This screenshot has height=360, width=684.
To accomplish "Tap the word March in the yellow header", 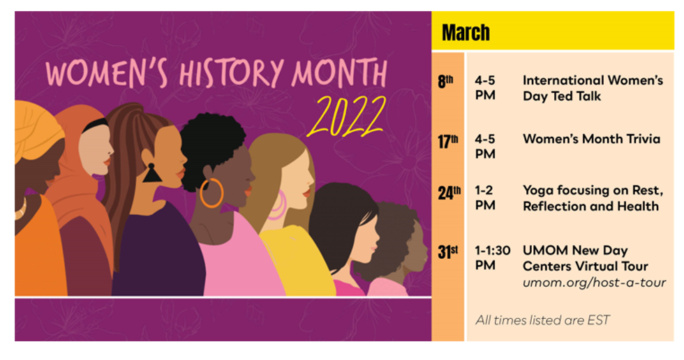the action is coord(466,33).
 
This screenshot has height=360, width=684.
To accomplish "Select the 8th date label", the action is coord(445,82).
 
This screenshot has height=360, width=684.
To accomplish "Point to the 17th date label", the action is coord(448,141).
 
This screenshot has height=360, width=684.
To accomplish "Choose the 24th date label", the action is coord(449,193).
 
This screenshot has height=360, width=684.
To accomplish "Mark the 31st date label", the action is coord(448,252).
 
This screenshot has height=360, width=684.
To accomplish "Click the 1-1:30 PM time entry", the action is coord(493,257).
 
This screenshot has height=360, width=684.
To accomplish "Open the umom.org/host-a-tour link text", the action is coord(594,283).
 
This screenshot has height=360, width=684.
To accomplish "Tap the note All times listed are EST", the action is coord(542,320).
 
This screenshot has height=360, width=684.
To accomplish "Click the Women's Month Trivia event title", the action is coord(592,139).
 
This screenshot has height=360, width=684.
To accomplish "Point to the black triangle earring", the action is coord(151,173).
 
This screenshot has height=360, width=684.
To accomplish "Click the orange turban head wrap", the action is coord(38,126).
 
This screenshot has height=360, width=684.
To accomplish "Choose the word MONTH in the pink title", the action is coord(339,73).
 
